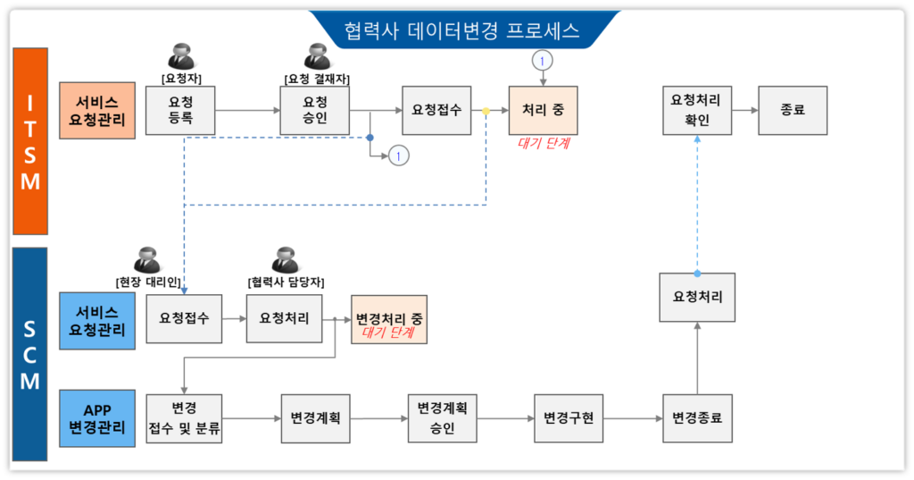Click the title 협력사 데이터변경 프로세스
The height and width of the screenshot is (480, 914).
pos(462,30)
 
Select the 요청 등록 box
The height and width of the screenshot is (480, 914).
pos(180,110)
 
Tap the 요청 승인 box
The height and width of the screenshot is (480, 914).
pos(315,110)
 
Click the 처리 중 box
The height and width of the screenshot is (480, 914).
pos(543,110)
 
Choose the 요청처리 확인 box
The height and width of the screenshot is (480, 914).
pos(696,110)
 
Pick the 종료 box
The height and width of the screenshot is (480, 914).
pos(793,110)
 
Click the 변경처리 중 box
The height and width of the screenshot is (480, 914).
pos(389,319)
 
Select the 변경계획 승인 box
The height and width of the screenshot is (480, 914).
pos(442,417)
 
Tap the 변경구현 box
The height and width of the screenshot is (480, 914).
pos(569,417)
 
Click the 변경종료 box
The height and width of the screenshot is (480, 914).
pos(696,417)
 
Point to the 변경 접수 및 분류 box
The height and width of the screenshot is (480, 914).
pos(184,417)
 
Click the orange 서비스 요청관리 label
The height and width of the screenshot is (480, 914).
pos(97,110)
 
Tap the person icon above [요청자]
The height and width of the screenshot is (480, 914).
pos(182,55)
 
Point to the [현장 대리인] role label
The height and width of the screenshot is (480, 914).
pos(148,282)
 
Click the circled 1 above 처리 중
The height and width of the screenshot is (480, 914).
pos(543,61)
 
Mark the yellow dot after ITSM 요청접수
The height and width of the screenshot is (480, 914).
pos(486,111)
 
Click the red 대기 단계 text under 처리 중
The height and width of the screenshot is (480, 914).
pos(544,141)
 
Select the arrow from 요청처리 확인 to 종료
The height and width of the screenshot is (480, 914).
pos(745,110)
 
